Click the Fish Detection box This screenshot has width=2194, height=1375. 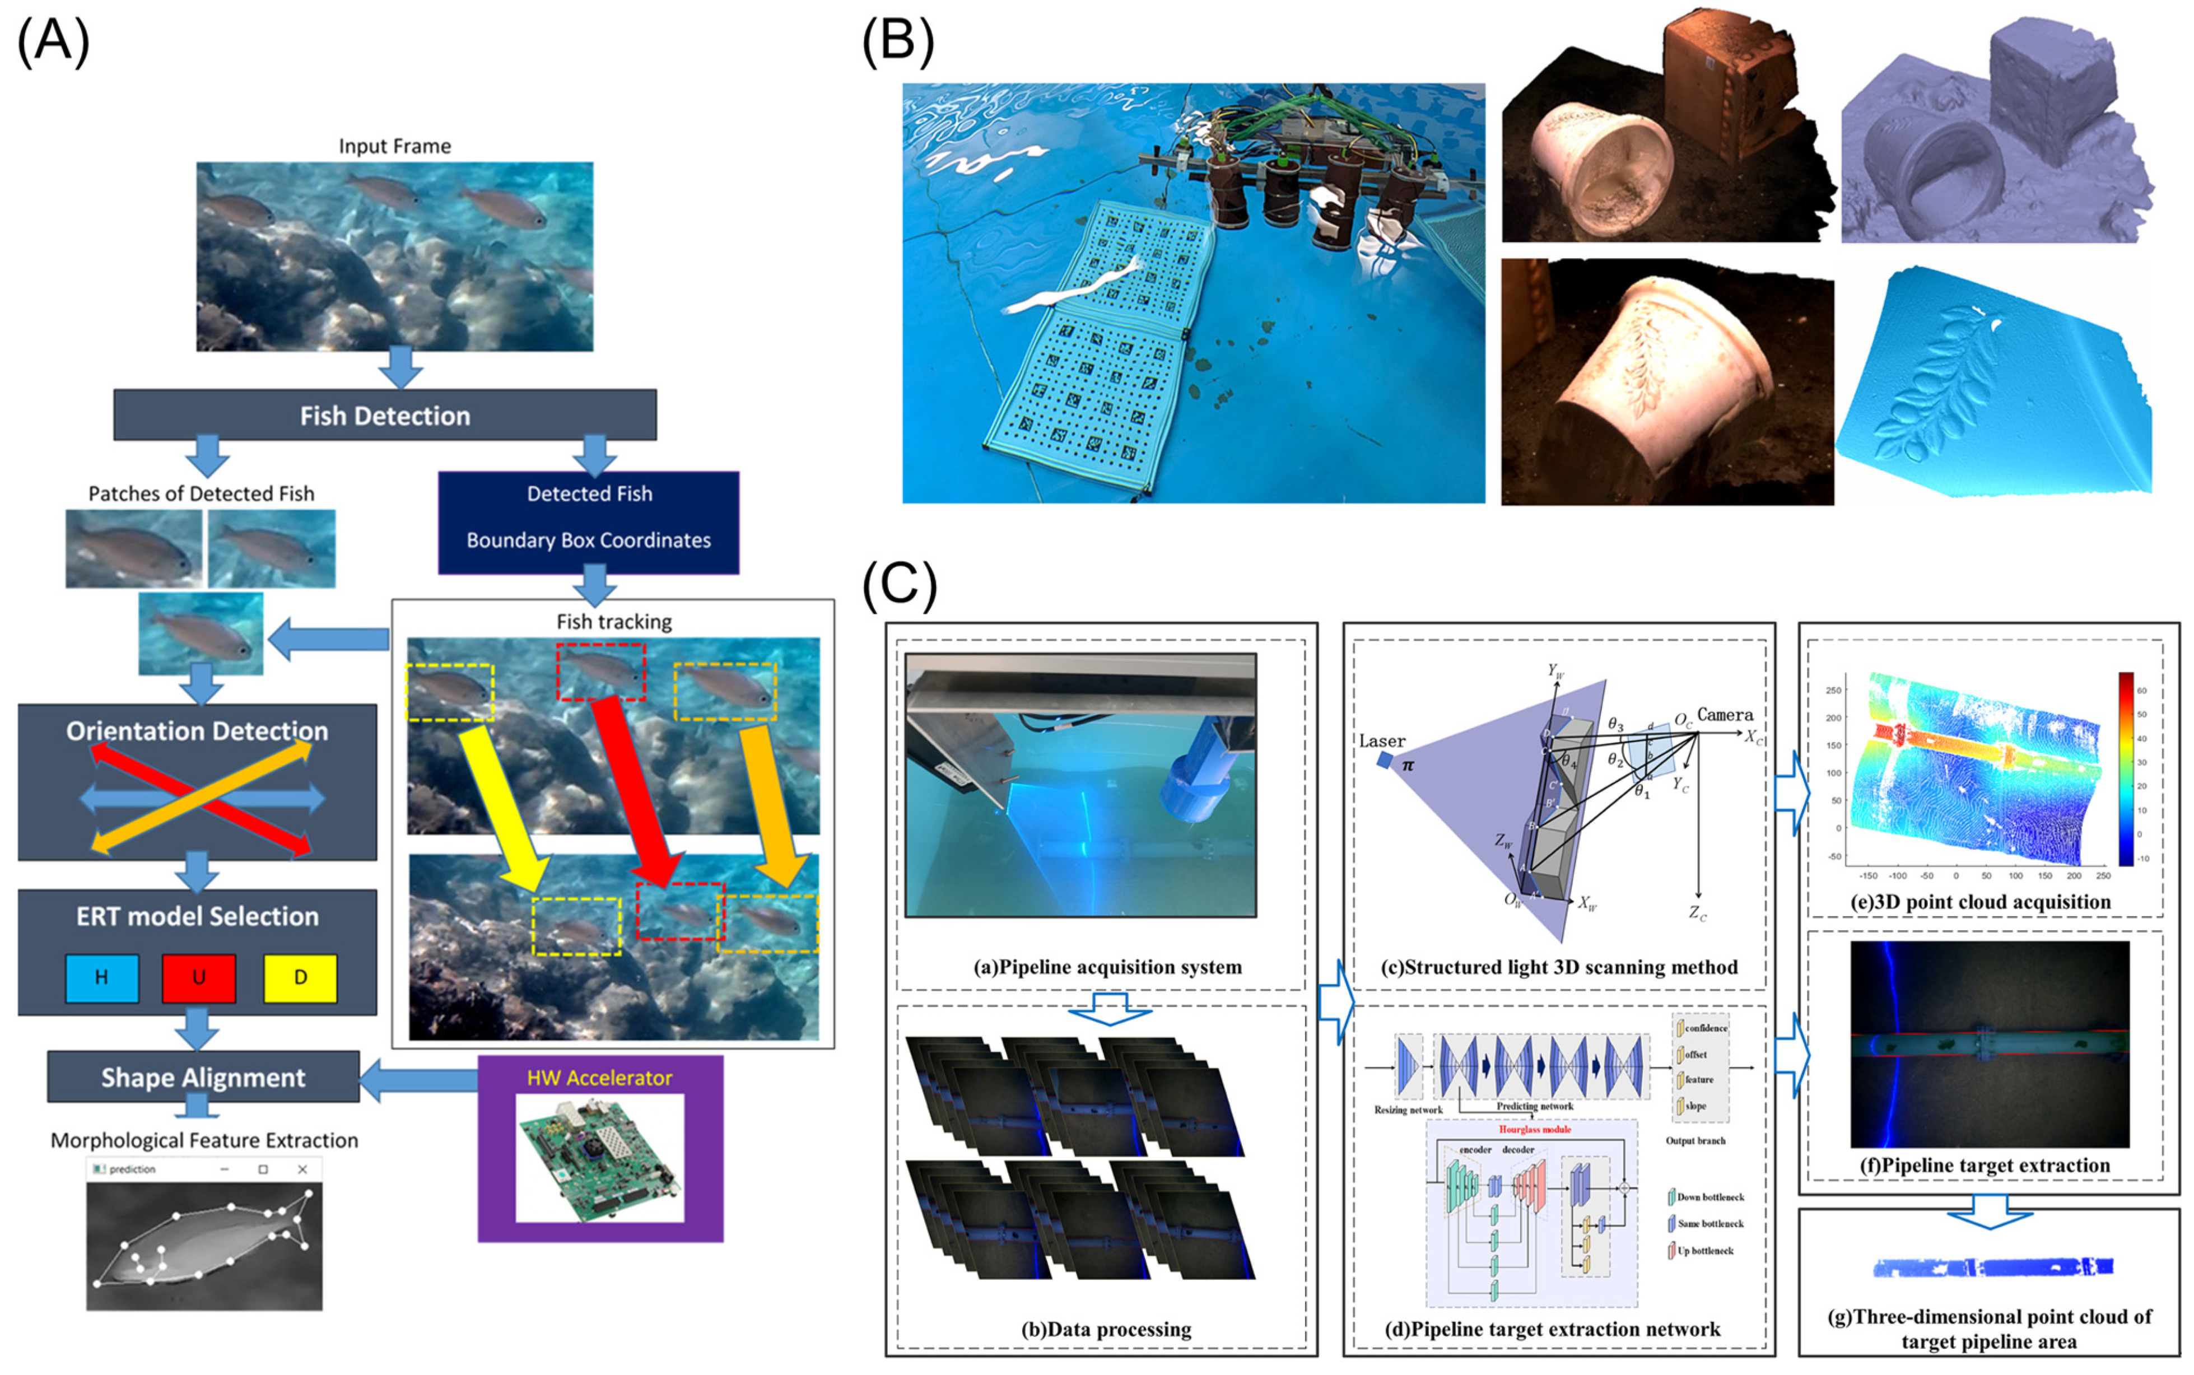pos(385,416)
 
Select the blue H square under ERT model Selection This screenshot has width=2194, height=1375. pos(102,977)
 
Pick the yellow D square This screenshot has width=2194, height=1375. pos(300,977)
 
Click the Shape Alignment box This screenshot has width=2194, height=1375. pos(203,1078)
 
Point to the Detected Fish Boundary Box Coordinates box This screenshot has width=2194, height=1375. pos(588,522)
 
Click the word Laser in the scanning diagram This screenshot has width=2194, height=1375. pos(1382,741)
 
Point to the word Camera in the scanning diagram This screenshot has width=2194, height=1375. pos(1725,715)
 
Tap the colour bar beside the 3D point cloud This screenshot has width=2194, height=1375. pos(2126,768)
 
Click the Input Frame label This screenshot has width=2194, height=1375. pos(395,146)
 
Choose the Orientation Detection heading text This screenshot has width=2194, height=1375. pos(197,731)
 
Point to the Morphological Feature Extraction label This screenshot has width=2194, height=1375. pos(204,1140)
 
